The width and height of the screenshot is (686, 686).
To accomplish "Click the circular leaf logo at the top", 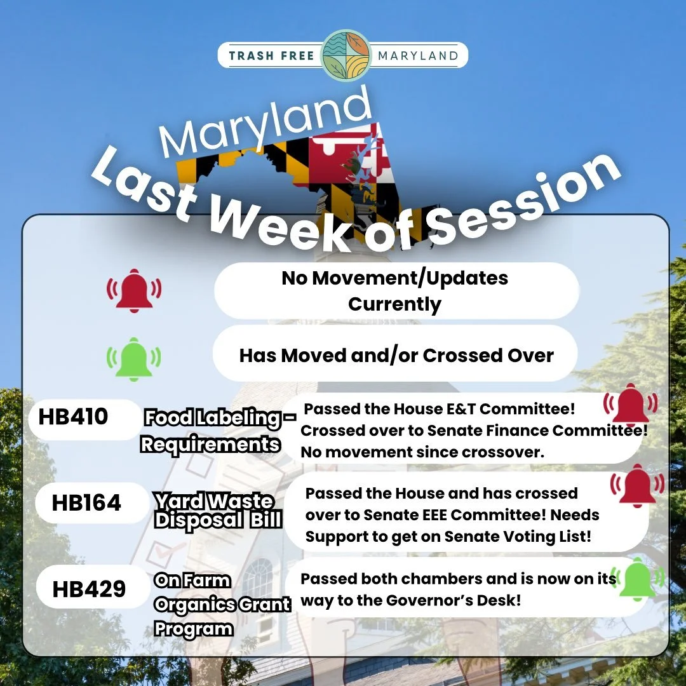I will tap(346, 55).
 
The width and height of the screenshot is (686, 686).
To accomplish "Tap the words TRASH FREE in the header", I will tap(271, 56).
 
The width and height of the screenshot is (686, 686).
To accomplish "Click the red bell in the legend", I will tap(133, 291).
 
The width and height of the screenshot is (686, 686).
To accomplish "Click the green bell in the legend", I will tap(133, 359).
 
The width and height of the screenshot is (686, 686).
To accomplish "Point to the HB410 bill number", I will tap(74, 417).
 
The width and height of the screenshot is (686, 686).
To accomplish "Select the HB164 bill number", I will tap(86, 503).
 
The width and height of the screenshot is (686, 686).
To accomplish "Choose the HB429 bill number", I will tap(89, 589).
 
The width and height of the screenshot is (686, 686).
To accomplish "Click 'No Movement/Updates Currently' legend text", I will tap(395, 291).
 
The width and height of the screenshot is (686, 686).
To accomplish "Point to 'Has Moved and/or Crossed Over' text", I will tap(396, 355).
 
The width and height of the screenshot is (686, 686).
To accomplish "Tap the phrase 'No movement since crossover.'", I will tap(419, 452).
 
